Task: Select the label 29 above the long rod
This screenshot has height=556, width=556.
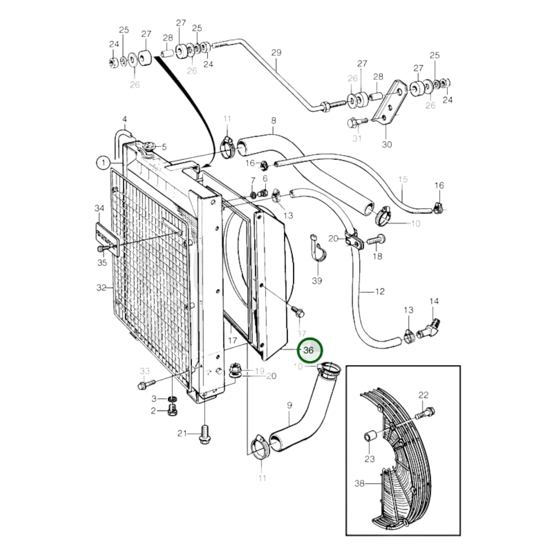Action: point(276,53)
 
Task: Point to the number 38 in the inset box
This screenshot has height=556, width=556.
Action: point(360,484)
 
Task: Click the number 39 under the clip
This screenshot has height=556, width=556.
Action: point(317,281)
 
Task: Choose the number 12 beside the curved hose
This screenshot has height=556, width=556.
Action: point(380,291)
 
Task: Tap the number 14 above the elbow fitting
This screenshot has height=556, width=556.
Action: point(434,301)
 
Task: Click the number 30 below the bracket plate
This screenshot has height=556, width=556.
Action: point(387,144)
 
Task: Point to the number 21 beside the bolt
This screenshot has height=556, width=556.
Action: point(182,441)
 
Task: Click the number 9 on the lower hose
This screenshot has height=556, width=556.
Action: point(289,405)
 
